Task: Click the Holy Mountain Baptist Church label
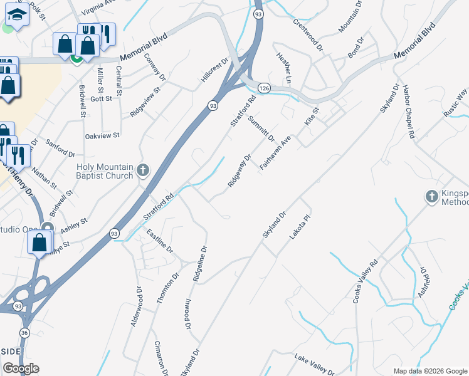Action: (x=105, y=171)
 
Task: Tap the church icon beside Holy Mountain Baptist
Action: (x=143, y=170)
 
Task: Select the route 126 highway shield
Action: (x=265, y=90)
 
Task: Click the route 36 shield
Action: (x=24, y=332)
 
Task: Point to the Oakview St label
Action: (x=102, y=135)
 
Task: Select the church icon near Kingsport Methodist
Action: (x=431, y=197)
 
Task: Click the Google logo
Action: (x=21, y=368)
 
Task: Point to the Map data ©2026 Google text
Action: (x=430, y=371)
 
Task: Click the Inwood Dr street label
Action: (x=187, y=313)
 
